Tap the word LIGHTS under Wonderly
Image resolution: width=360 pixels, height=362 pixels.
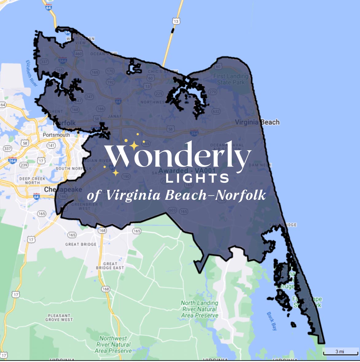point(197,179)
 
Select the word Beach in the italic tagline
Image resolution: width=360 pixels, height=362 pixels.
point(186,195)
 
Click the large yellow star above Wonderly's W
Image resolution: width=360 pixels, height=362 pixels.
point(134,145)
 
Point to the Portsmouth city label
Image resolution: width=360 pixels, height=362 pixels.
point(56,135)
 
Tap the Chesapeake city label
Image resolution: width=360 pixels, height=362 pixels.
point(63,189)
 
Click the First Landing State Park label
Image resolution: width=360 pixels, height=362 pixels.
point(231,79)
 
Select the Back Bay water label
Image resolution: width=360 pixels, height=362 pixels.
point(272,321)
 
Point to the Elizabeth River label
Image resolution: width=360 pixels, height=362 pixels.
point(32,73)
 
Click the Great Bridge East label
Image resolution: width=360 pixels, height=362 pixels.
point(110,266)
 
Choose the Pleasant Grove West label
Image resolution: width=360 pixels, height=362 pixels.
point(59,317)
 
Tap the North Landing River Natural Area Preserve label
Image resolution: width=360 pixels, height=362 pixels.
point(200,309)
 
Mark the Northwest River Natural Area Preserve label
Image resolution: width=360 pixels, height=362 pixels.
point(113,344)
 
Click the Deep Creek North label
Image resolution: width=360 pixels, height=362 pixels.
point(32,180)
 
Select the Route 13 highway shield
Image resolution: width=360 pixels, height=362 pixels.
point(176,21)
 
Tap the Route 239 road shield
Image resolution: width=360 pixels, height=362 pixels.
point(24,165)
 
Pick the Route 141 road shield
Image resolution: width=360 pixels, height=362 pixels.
point(51,145)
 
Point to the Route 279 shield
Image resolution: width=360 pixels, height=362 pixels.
point(213,92)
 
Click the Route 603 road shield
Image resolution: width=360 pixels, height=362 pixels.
point(172,210)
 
